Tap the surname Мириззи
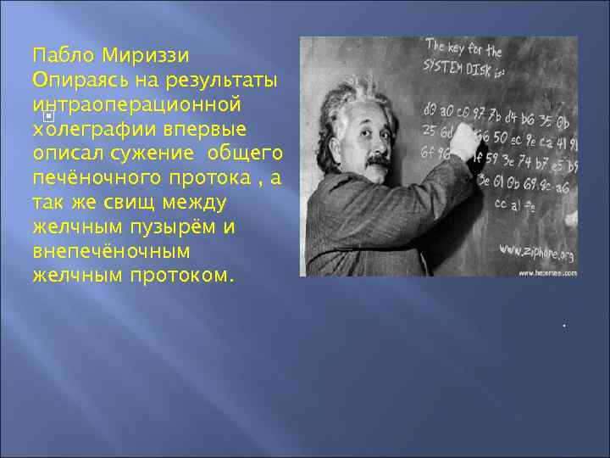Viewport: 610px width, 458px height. coord(145,56)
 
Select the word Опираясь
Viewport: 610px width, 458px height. coord(72,81)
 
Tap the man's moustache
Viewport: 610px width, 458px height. coord(378,160)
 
